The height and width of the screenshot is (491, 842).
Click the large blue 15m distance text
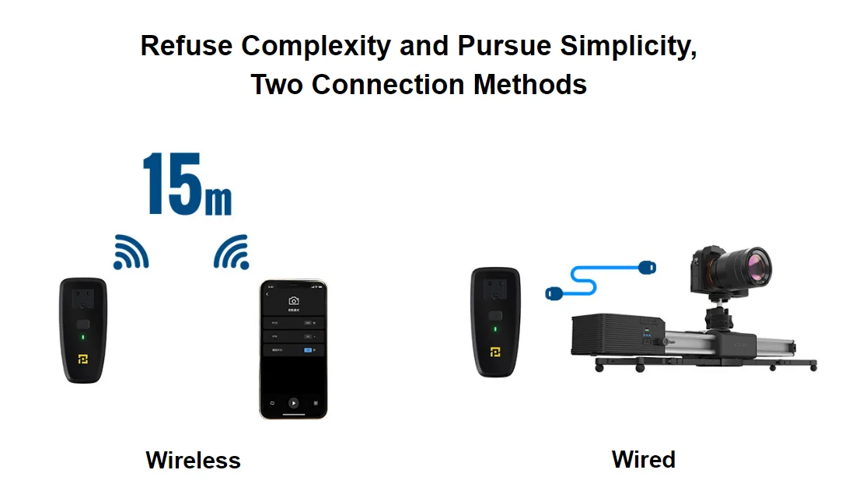(x=187, y=184)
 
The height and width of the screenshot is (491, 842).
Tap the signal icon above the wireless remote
(x=130, y=251)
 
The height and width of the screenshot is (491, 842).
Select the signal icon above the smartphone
(x=231, y=252)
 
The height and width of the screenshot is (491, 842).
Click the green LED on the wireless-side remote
(x=83, y=338)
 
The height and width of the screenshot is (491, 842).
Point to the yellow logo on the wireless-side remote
(x=83, y=359)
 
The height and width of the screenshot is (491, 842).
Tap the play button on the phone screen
(x=293, y=403)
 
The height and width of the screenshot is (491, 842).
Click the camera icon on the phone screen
(x=293, y=300)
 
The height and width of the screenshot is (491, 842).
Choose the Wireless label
(x=193, y=460)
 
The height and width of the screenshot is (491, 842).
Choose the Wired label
(x=643, y=459)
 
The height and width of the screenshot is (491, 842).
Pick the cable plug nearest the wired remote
(x=556, y=293)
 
